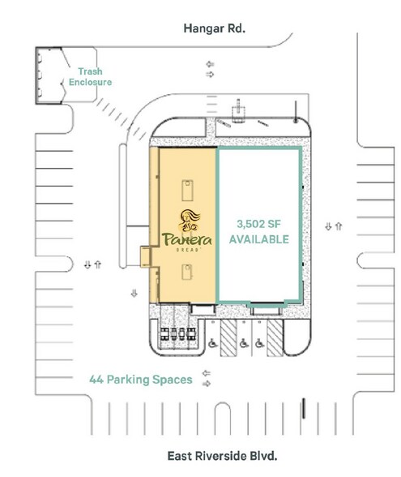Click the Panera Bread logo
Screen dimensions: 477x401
point(186,232)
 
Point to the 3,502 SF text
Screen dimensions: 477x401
point(259,224)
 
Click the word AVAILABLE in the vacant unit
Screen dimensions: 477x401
point(259,239)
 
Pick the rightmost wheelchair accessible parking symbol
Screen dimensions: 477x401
point(258,343)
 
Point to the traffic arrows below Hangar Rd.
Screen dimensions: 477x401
point(210,69)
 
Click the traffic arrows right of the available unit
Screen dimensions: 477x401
point(333,226)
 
